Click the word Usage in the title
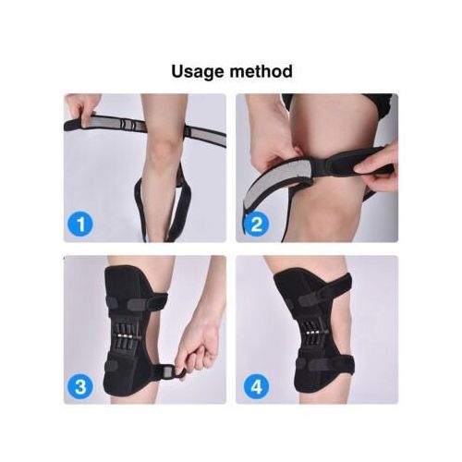coord(198,71)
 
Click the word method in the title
coord(261,71)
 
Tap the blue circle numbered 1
coord(80,225)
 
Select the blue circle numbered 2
coord(256,225)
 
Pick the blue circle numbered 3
coord(80,386)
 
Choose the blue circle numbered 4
coord(256,386)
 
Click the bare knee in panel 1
coord(165,149)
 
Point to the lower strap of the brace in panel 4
coord(323,363)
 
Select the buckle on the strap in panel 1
coord(128,125)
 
